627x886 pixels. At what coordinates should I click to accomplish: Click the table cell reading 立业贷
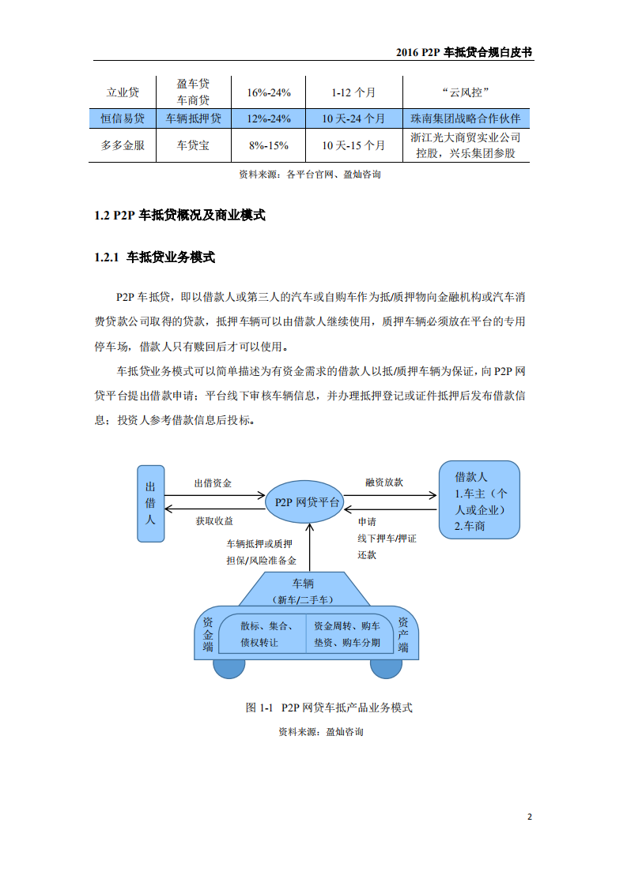tap(123, 92)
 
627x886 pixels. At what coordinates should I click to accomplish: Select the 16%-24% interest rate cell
tap(269, 92)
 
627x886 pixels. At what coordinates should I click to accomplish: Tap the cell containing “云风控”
tap(466, 92)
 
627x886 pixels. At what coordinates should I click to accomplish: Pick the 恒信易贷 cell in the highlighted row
tap(123, 118)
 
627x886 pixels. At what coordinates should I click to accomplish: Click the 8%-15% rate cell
tap(269, 145)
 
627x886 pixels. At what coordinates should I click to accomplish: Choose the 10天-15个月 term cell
tap(353, 145)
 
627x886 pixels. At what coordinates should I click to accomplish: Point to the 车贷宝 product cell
tap(193, 145)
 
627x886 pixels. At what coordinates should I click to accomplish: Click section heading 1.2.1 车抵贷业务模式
tap(154, 257)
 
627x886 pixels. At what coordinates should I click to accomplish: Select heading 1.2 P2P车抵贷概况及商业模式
tap(179, 215)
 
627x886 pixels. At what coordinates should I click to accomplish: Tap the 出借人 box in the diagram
tap(150, 502)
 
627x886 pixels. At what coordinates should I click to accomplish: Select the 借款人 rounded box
tap(479, 501)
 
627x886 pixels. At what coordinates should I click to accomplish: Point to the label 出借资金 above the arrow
tap(213, 482)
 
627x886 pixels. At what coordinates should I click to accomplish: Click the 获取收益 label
tap(214, 521)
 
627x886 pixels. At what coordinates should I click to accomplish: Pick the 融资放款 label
tap(384, 482)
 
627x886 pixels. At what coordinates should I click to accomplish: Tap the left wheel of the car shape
tap(229, 667)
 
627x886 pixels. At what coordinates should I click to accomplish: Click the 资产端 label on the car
tap(403, 634)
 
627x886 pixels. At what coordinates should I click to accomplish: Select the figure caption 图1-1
tap(329, 707)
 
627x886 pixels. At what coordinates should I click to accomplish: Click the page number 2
tap(530, 817)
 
